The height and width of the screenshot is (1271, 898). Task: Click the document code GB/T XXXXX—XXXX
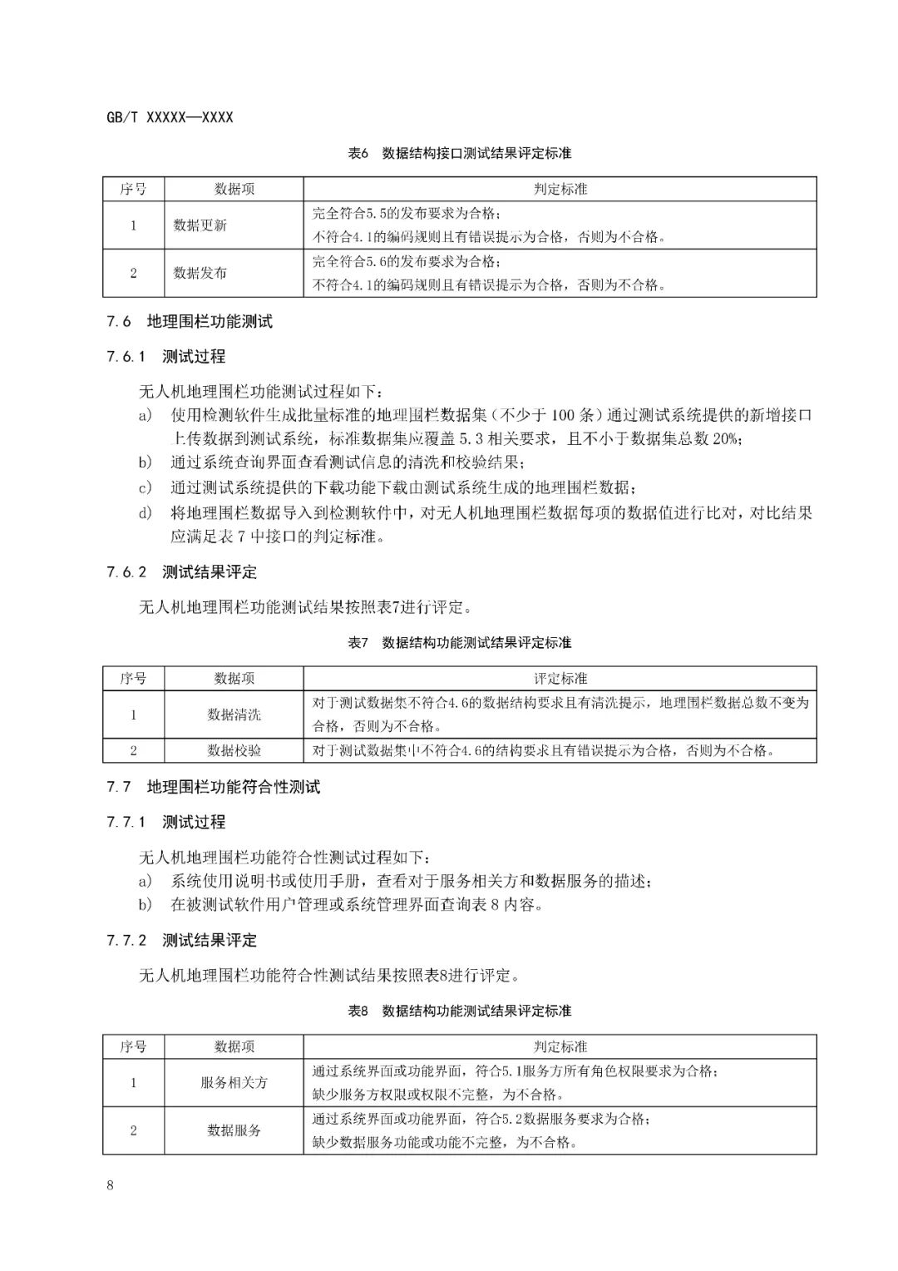170,117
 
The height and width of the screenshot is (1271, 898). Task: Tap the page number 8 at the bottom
110,1185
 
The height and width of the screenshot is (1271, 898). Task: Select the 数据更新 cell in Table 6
200,225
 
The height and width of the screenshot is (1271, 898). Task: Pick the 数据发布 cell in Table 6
200,273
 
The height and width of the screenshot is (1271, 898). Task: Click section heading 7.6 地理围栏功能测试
190,322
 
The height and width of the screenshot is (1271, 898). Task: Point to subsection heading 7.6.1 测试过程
166,357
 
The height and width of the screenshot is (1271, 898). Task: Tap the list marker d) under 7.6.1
146,512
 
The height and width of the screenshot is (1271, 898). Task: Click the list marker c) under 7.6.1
146,487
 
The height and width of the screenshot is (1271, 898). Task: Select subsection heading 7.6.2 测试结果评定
182,572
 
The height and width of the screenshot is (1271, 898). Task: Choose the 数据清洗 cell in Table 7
234,715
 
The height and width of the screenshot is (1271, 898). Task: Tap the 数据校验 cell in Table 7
234,750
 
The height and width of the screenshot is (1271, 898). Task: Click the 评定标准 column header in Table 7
560,679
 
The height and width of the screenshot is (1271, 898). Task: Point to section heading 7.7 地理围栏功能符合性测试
214,787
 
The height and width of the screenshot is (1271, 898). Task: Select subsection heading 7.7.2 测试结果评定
182,941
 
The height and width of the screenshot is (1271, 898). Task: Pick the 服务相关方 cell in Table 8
234,1083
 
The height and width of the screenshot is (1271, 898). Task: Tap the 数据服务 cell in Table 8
234,1130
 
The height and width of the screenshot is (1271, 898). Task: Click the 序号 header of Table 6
133,190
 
